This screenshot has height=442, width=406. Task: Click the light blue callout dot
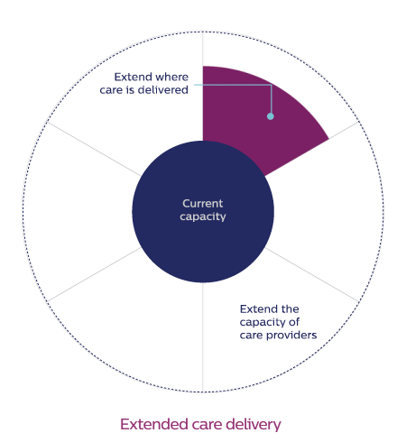click(271, 116)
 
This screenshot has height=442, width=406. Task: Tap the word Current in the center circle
click(203, 204)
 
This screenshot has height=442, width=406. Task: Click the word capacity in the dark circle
click(203, 216)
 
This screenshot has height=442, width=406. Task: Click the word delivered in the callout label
click(163, 90)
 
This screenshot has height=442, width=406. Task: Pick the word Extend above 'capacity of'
click(254, 309)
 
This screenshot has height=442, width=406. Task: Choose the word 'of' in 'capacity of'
click(294, 322)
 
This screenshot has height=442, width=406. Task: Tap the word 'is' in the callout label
click(130, 90)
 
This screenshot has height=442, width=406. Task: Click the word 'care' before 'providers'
click(251, 336)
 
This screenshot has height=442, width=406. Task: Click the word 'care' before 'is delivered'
click(111, 90)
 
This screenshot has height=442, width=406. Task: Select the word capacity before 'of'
click(263, 323)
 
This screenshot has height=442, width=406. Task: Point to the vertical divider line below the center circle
click(203, 337)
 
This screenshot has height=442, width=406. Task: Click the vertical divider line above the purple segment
click(203, 49)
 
